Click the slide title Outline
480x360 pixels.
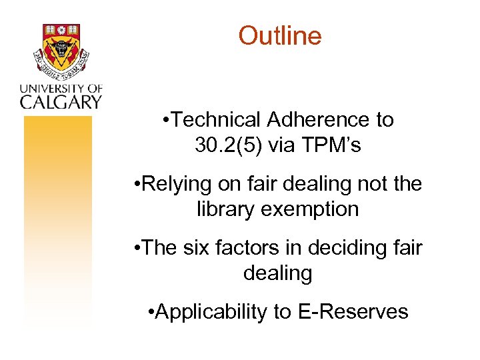pos(280,35)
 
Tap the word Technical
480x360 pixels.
pos(218,120)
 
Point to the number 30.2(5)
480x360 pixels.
pos(229,145)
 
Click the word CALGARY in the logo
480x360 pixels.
pos(60,101)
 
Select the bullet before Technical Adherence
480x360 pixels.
pos(165,121)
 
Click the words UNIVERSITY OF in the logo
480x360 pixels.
pos(60,87)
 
